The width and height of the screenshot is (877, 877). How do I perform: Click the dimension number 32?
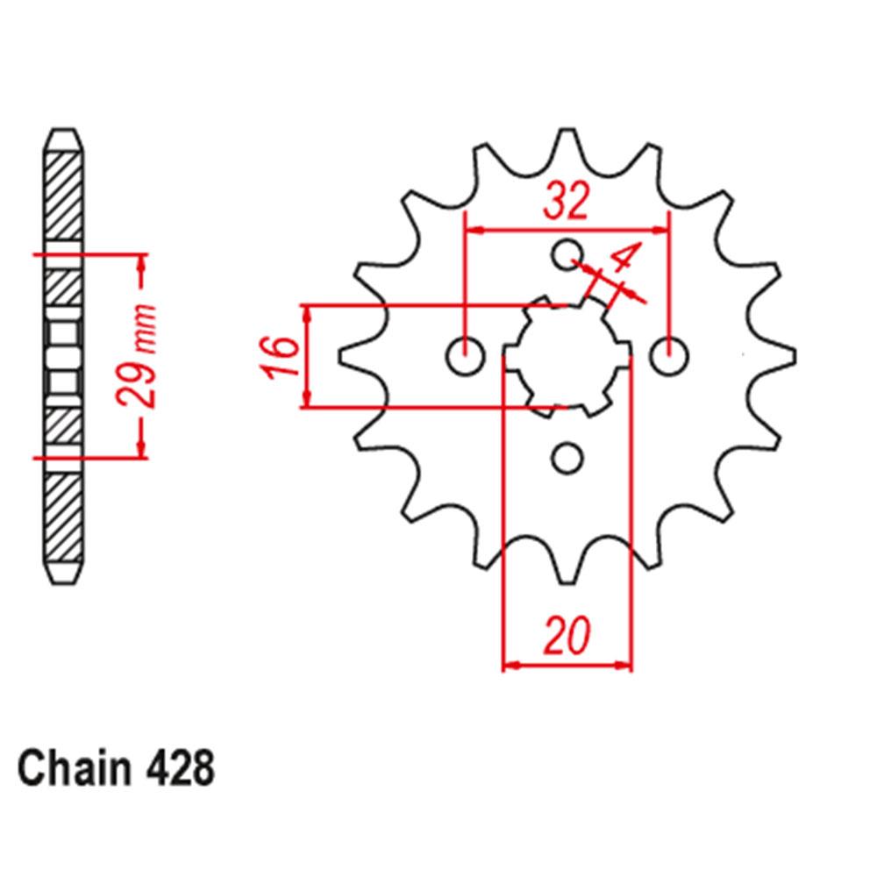pyautogui.click(x=566, y=203)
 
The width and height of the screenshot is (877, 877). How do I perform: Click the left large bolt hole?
pyautogui.click(x=465, y=357)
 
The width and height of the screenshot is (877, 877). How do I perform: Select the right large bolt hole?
pyautogui.click(x=671, y=357)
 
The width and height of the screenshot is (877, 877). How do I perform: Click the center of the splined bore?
pyautogui.click(x=567, y=357)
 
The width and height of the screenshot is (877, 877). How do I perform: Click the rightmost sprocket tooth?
pyautogui.click(x=785, y=355)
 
